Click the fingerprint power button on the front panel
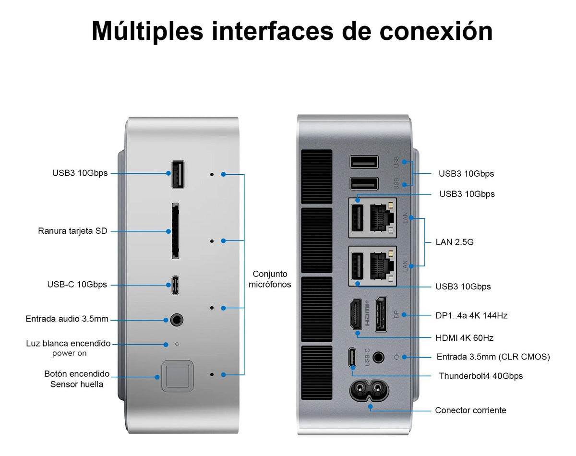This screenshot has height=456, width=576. click(177, 376)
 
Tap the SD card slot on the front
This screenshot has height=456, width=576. click(175, 230)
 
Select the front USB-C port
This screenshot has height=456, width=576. click(175, 285)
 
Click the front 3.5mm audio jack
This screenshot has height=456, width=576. click(177, 320)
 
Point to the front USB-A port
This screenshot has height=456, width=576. click(178, 174)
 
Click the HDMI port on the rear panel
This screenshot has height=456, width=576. click(356, 314)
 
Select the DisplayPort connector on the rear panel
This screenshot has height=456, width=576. click(381, 314)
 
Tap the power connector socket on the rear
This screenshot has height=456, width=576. click(369, 390)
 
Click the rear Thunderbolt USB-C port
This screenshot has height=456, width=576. click(352, 357)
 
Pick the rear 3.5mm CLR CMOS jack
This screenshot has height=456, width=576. click(378, 357)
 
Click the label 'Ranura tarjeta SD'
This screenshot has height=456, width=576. click(72, 231)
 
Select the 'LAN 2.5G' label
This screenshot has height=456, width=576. click(455, 242)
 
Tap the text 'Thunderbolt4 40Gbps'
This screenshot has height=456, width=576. click(480, 376)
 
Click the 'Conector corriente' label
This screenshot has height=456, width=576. click(470, 410)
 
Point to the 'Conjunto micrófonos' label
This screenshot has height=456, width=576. click(270, 279)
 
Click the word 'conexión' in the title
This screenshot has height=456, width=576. click(436, 31)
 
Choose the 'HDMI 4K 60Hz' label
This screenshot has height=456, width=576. click(464, 338)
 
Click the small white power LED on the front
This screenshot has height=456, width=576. click(177, 344)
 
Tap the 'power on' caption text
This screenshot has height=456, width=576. click(69, 353)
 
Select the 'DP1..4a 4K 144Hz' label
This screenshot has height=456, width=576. click(471, 315)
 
